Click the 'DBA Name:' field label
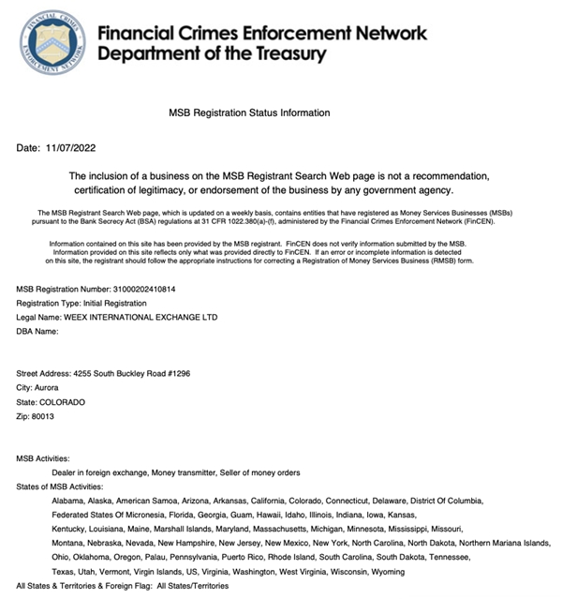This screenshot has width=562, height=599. pyautogui.click(x=38, y=332)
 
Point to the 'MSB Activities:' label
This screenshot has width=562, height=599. pyautogui.click(x=44, y=457)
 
